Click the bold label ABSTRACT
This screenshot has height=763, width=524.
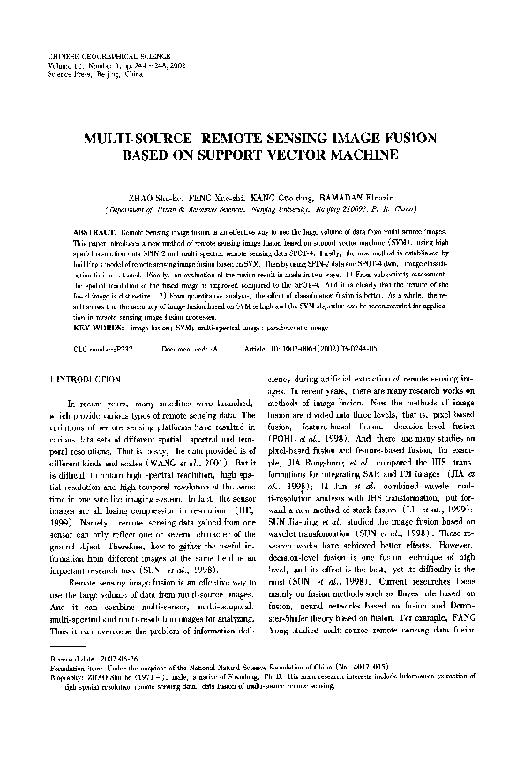click(x=91, y=229)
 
